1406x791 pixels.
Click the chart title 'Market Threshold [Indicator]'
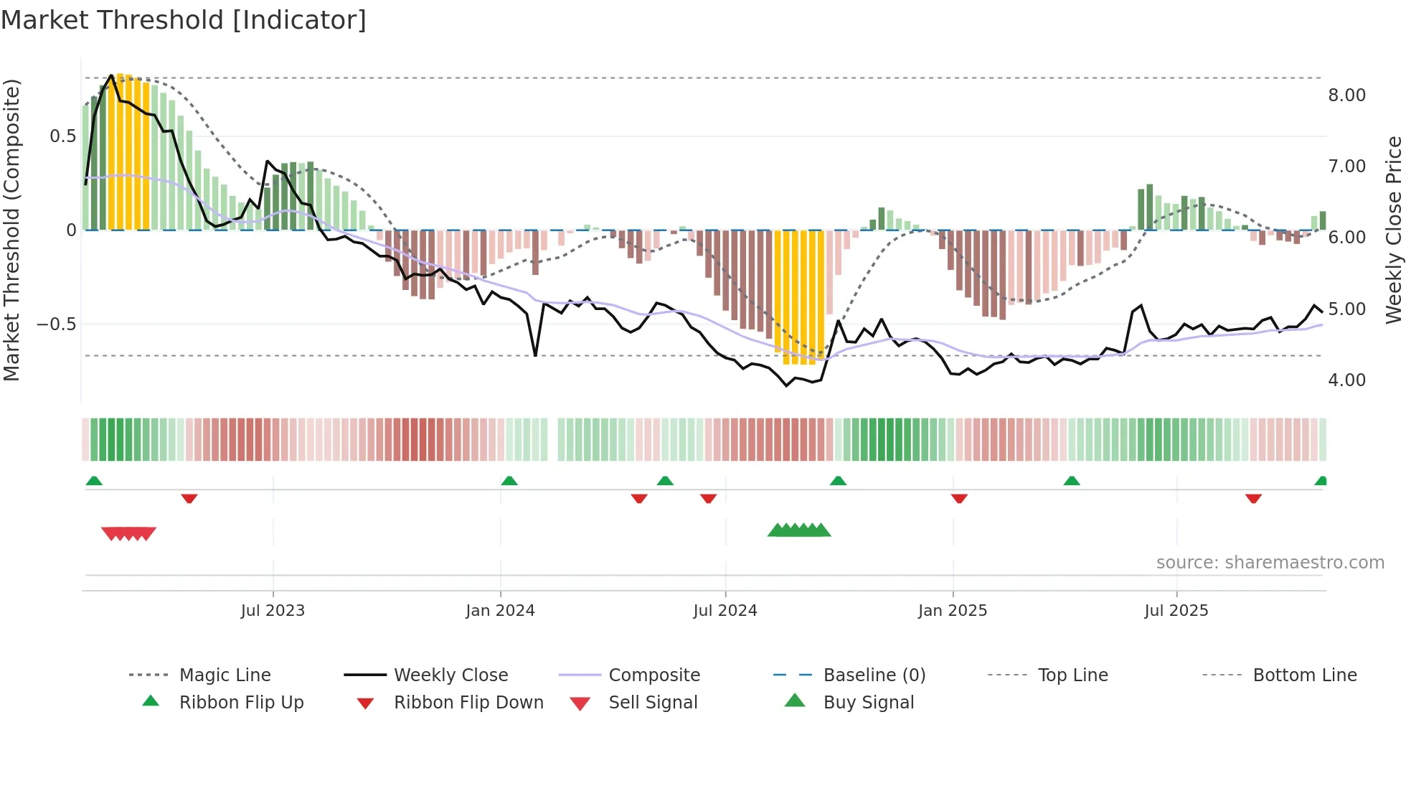[x=184, y=20]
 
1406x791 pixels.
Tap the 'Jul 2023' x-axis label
[x=273, y=611]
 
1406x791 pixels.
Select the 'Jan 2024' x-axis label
[x=500, y=611]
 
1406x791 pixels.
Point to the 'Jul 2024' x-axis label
[x=725, y=611]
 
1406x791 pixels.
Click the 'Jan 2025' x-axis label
[x=953, y=611]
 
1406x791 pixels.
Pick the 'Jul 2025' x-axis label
[x=1176, y=611]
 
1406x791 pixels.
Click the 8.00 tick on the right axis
[x=1346, y=95]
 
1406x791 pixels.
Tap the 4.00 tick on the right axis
[x=1346, y=380]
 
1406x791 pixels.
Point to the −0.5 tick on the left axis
[x=56, y=324]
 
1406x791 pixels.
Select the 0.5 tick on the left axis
[x=62, y=136]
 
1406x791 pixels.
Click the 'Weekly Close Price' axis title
[x=1393, y=230]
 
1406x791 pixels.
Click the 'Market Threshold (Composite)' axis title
[x=11, y=230]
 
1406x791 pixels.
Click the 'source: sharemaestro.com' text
[x=1270, y=563]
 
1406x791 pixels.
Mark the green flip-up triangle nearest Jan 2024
[x=509, y=481]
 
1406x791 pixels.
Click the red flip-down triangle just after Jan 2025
[x=959, y=498]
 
